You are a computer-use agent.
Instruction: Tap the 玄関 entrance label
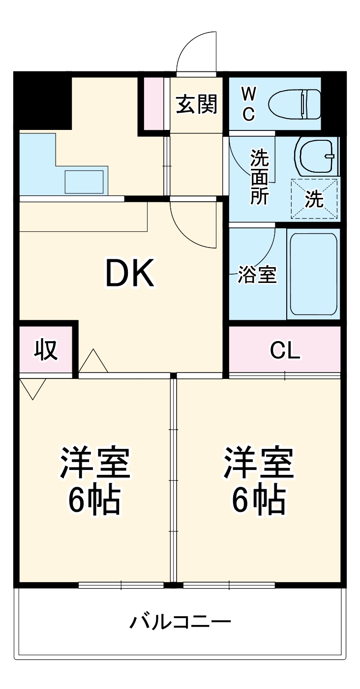pyautogui.click(x=197, y=104)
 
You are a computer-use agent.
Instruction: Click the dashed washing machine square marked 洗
pyautogui.click(x=314, y=198)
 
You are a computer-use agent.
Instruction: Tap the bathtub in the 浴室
pyautogui.click(x=313, y=274)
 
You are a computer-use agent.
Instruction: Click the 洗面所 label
pyautogui.click(x=259, y=177)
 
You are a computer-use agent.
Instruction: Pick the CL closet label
pyautogui.click(x=285, y=350)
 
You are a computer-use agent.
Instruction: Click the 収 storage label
pyautogui.click(x=46, y=350)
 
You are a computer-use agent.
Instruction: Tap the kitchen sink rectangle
pyautogui.click(x=85, y=182)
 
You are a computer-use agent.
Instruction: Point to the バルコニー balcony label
pyautogui.click(x=180, y=623)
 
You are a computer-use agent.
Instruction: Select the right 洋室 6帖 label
pyautogui.click(x=259, y=480)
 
